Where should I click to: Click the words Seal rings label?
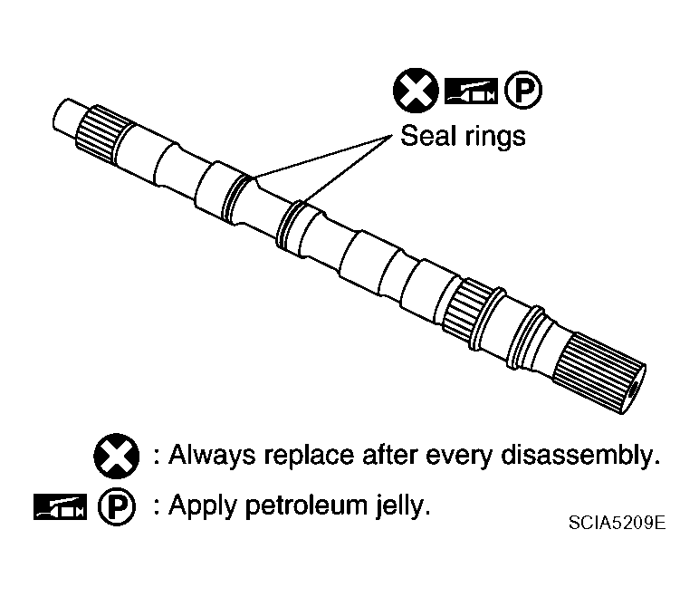click(x=463, y=137)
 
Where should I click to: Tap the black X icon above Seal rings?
click(x=412, y=91)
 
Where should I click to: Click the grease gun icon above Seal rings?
click(x=471, y=91)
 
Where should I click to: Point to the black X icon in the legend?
click(x=116, y=454)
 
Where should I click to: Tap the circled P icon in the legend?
click(x=116, y=506)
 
